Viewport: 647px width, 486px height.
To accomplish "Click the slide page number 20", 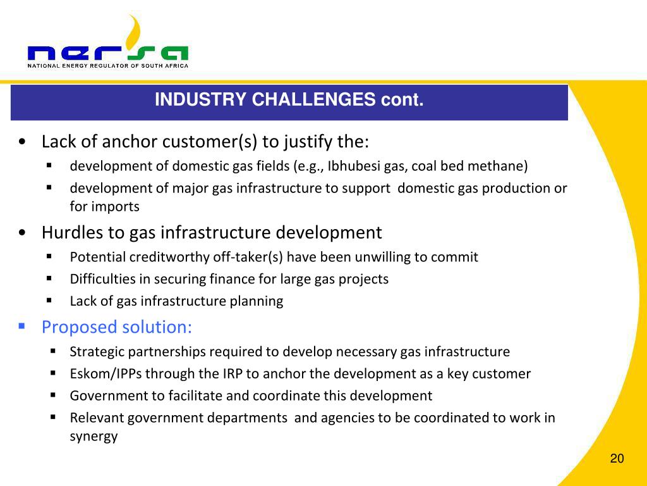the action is coord(617,458).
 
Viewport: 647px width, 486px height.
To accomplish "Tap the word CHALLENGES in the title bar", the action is coord(313,99).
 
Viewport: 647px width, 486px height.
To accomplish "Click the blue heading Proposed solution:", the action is coord(117,327).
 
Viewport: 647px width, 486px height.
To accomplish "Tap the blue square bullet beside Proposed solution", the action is coord(22,327).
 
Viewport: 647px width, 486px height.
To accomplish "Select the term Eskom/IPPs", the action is coord(106,373).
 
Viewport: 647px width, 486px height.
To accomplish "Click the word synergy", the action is coord(94,437).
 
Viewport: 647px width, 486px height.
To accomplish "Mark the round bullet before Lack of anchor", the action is coord(22,142).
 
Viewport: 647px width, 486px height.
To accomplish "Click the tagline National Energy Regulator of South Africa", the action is coord(107,66).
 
